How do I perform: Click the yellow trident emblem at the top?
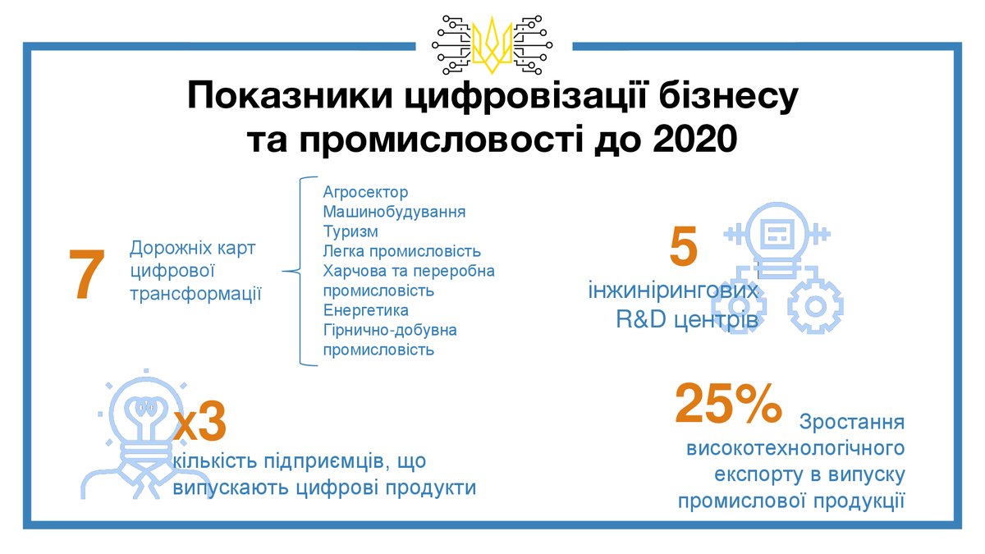tap(492, 45)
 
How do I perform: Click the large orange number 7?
tap(87, 274)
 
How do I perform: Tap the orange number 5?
tap(683, 245)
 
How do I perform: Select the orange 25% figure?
tap(728, 403)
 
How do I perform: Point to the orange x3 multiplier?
tap(200, 421)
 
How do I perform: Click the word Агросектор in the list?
tap(365, 192)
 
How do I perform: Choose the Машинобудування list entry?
tap(394, 212)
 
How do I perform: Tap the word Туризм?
tap(350, 231)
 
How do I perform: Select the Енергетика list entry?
tap(366, 310)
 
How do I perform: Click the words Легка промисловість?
tap(402, 251)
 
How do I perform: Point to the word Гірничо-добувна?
tap(390, 330)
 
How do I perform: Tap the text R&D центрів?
tap(687, 319)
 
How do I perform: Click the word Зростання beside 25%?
tap(852, 422)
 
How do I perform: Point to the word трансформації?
tap(195, 294)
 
